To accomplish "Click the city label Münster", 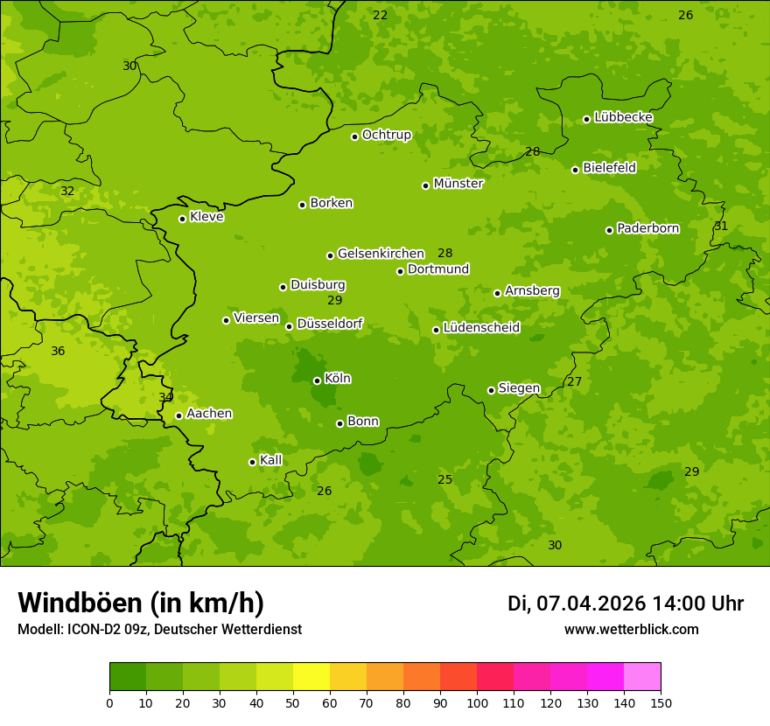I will click(458, 184).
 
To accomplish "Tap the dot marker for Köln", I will click(317, 380).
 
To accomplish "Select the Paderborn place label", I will click(647, 228).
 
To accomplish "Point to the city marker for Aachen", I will click(178, 415).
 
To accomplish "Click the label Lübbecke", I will click(623, 117).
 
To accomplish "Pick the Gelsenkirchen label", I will click(381, 254).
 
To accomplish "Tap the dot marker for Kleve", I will click(182, 219).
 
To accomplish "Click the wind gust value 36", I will click(58, 351).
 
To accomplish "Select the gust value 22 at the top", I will click(380, 15).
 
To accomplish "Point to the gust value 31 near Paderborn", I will click(721, 226).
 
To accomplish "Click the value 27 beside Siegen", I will click(574, 381).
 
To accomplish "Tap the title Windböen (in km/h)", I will click(141, 603).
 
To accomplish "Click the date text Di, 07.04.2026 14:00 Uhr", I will click(625, 604).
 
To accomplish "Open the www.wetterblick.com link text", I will click(631, 629).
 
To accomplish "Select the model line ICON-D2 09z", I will click(159, 629).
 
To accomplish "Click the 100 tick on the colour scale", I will click(477, 702).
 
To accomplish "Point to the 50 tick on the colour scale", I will click(293, 702).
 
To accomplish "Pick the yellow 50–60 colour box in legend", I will click(311, 676).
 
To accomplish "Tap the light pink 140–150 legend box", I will click(642, 676).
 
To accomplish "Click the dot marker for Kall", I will click(252, 462).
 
